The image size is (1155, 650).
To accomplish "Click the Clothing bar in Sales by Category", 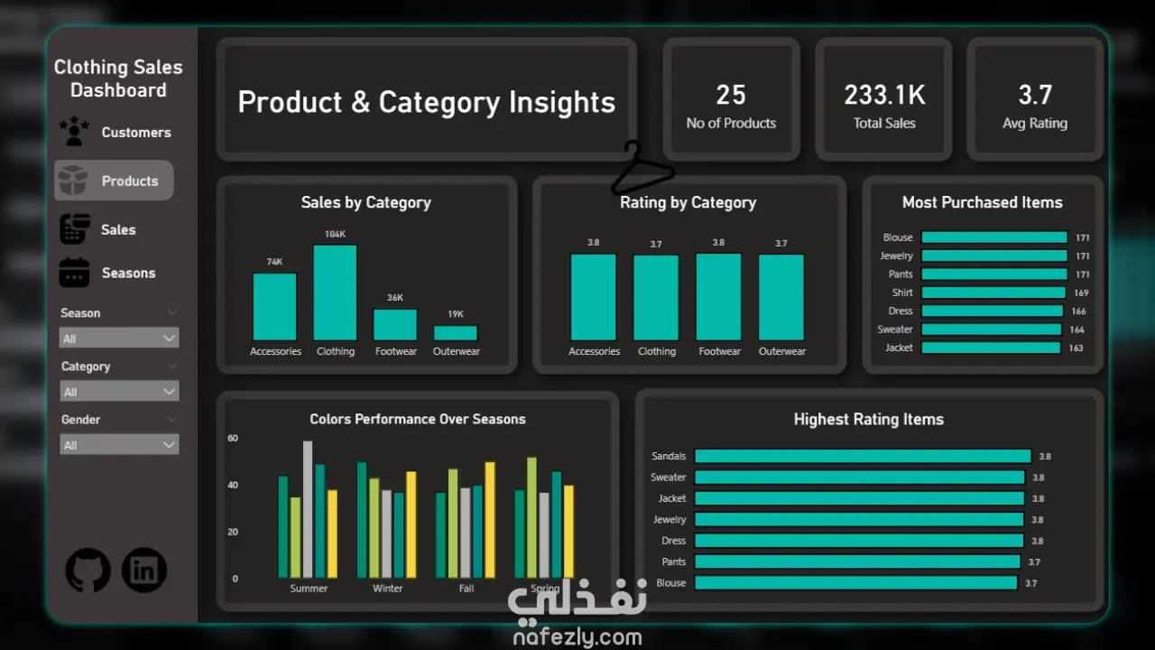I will (x=335, y=292).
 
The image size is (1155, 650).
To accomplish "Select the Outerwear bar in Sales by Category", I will (x=456, y=332).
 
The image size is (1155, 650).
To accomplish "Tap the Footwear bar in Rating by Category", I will (x=719, y=296).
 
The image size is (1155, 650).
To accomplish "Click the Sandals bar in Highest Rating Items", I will (x=862, y=457).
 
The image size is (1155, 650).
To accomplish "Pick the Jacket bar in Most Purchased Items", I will (x=991, y=348).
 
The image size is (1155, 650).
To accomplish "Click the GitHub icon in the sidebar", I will (x=88, y=571).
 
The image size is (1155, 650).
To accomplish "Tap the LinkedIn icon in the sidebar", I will (x=144, y=571).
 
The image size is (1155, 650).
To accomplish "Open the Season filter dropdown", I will (x=119, y=339).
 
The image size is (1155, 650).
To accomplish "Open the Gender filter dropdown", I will (x=119, y=445).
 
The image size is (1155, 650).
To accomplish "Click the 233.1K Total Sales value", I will (x=884, y=95).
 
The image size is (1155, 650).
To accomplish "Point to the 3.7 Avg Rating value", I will (x=1035, y=95).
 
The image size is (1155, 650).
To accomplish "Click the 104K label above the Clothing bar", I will (x=335, y=235).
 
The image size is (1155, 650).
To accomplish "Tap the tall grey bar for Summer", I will (x=308, y=509).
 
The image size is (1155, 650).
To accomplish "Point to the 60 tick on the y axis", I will (x=233, y=439).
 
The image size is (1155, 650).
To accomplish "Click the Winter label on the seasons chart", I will (x=387, y=589).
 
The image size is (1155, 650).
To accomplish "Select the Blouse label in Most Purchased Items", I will (x=898, y=237).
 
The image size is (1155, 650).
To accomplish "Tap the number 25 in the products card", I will (x=731, y=95).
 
